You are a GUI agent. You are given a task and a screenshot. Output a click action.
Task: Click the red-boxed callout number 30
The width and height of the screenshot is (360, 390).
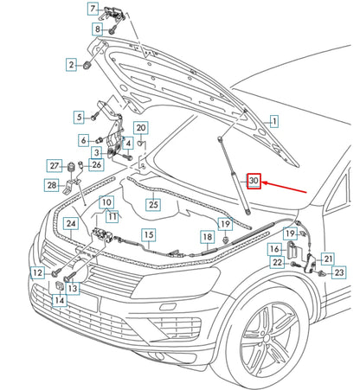point(254,181)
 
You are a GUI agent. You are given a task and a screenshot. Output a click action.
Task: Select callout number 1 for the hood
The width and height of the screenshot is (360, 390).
point(274,121)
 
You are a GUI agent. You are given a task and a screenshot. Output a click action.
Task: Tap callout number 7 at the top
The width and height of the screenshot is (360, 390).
point(93,9)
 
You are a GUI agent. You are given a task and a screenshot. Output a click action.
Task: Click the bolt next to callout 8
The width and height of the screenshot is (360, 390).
point(113,29)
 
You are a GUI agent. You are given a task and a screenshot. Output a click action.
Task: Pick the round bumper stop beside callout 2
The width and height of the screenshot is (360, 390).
point(87,65)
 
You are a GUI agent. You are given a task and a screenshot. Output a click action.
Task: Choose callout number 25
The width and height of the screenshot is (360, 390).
point(153,204)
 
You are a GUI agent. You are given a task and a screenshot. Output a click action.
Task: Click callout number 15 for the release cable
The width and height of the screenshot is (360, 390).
point(149,235)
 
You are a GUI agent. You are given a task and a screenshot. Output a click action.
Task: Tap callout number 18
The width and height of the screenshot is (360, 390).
point(208,237)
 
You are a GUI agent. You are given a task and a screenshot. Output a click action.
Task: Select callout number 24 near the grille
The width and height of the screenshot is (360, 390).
point(71,223)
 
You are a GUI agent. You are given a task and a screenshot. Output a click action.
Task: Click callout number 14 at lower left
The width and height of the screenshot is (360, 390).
point(60,300)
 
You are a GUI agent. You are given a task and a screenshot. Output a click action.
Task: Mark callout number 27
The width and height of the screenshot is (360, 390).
point(55,166)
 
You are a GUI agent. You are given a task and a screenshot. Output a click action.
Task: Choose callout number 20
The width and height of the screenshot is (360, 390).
point(141,128)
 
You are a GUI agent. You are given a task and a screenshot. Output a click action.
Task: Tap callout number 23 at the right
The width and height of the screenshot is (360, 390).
point(339,272)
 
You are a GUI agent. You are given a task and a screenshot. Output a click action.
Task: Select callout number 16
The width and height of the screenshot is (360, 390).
point(274,249)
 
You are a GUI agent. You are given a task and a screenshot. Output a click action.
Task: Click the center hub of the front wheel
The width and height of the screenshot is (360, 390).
point(267,336)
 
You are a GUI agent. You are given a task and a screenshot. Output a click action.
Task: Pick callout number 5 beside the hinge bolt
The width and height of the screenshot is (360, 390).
point(79,117)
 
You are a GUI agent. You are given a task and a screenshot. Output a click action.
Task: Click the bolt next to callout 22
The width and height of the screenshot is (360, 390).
point(294,264)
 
